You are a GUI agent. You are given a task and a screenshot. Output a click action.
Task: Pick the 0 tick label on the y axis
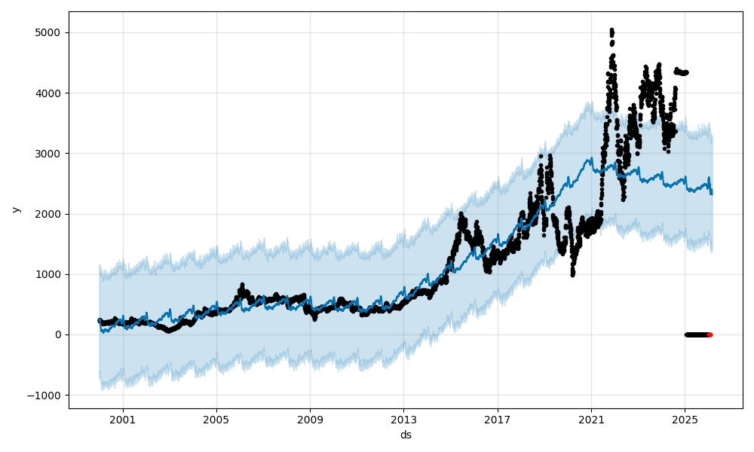[58, 334]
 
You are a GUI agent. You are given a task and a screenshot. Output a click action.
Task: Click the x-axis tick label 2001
[123, 420]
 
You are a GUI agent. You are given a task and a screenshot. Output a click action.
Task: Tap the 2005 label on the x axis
[216, 420]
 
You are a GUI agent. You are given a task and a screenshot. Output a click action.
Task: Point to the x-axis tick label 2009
[310, 420]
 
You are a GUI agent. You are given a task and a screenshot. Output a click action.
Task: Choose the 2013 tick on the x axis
[403, 420]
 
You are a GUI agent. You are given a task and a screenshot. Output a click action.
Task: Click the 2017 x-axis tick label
[498, 420]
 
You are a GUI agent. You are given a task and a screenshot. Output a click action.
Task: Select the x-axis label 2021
[591, 420]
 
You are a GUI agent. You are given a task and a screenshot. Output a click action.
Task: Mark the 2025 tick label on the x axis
[685, 420]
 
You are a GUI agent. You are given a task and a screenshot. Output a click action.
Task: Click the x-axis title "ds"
[406, 435]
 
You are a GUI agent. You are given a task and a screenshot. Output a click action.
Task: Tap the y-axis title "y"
[15, 210]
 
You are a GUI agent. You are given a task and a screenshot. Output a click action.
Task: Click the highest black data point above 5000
[611, 30]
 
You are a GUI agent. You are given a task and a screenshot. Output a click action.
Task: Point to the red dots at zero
[709, 334]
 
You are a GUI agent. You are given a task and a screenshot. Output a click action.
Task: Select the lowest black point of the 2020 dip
[572, 274]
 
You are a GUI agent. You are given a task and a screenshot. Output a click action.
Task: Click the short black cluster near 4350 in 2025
[682, 72]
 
